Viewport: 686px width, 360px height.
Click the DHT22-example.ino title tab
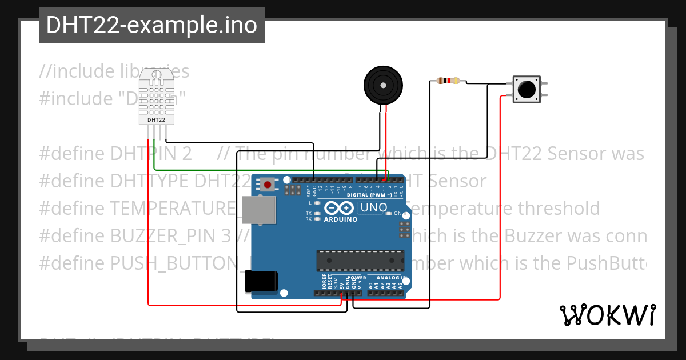pos(151,25)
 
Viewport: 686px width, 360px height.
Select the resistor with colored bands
pos(448,81)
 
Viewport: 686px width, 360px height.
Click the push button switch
pos(526,89)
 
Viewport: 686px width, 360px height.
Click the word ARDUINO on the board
pos(341,219)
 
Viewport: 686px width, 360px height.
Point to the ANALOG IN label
pos(391,278)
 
